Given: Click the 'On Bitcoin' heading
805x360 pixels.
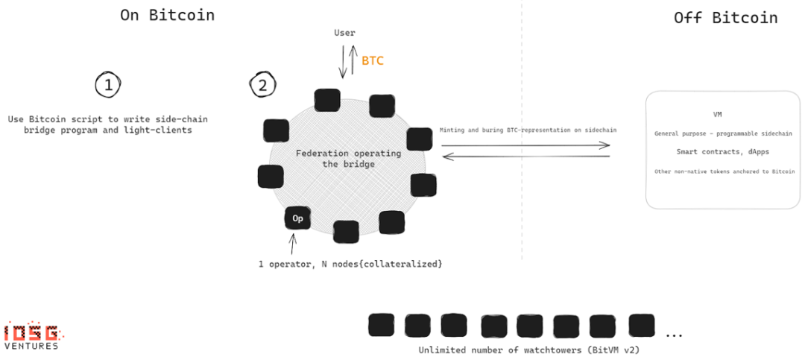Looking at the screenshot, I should [x=167, y=15].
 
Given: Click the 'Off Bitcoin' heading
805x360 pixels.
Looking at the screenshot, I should [x=725, y=17].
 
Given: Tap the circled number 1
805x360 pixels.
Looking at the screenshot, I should [x=108, y=85].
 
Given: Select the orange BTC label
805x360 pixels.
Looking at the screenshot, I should [x=373, y=60].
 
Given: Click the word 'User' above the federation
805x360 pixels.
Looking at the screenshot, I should [x=344, y=33].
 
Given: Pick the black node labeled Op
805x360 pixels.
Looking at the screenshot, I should [x=297, y=218].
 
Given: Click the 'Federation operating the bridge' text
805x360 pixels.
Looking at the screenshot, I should [x=348, y=159].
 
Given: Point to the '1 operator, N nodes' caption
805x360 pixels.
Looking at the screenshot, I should [x=350, y=264].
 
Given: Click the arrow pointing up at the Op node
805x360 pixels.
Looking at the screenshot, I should [x=293, y=242].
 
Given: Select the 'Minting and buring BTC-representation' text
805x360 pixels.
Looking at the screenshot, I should [x=533, y=130].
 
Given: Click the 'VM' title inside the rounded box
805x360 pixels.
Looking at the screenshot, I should [x=717, y=115].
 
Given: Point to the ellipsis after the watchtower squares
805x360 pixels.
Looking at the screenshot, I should [x=674, y=334].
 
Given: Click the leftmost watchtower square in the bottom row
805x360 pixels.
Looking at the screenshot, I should [x=381, y=325].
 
